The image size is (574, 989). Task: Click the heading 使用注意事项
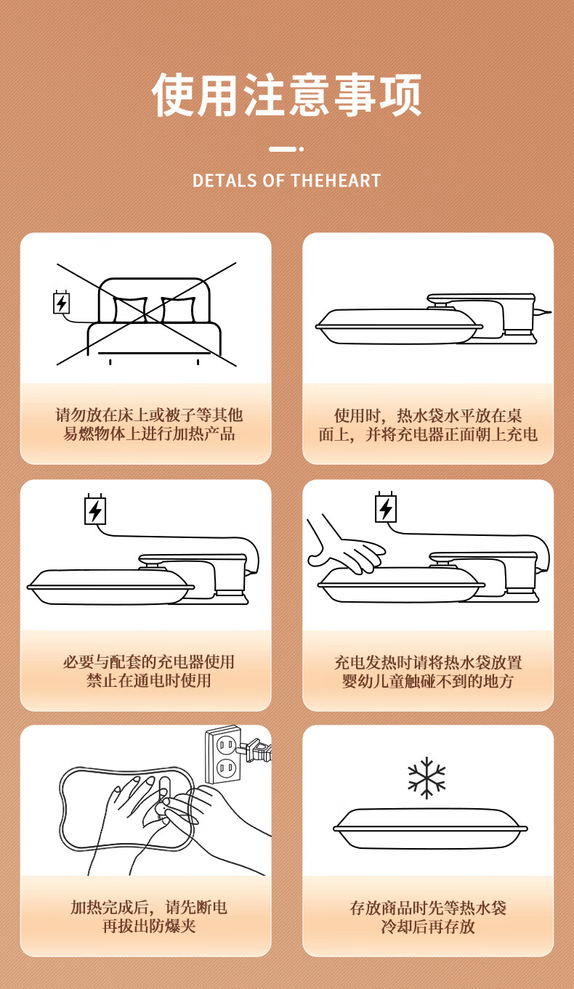(x=287, y=94)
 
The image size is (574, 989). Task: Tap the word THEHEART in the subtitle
(x=336, y=181)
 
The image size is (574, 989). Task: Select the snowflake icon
(x=427, y=778)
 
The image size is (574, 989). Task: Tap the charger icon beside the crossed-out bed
(x=62, y=303)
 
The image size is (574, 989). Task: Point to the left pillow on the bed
(x=130, y=309)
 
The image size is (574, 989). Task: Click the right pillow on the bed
(x=179, y=309)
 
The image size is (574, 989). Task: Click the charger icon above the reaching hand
(x=386, y=508)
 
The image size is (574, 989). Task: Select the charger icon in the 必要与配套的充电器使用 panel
(x=95, y=510)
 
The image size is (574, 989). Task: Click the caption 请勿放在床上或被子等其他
(x=149, y=415)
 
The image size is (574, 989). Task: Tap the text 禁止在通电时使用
(x=149, y=680)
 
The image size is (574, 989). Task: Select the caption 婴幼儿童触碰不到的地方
(x=428, y=681)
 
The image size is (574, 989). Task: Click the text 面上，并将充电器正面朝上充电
(x=428, y=434)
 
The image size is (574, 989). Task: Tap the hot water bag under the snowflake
(x=430, y=829)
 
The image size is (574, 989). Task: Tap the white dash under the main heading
(x=283, y=149)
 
